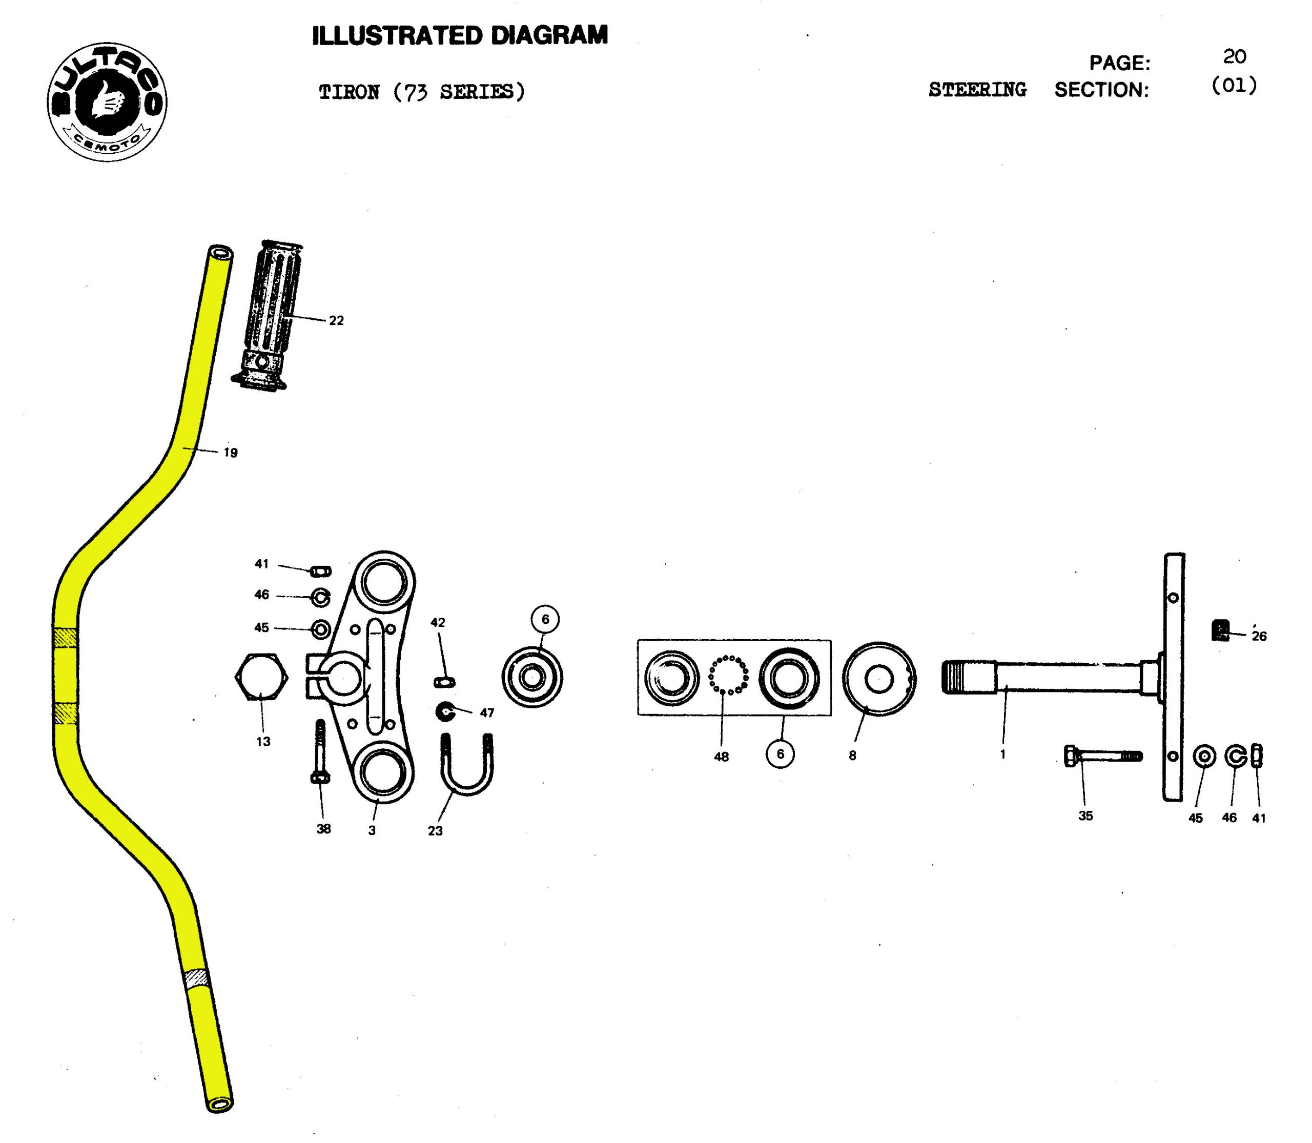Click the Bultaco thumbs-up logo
pyautogui.click(x=107, y=102)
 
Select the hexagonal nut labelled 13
pyautogui.click(x=261, y=678)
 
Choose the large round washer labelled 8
pyautogui.click(x=878, y=679)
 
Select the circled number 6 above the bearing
pyautogui.click(x=545, y=619)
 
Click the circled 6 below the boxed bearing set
pyautogui.click(x=780, y=754)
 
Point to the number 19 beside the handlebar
pyautogui.click(x=230, y=453)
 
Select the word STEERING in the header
pyautogui.click(x=977, y=90)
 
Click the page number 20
pyautogui.click(x=1234, y=57)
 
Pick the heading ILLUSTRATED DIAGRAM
pyautogui.click(x=460, y=36)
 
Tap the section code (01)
pyautogui.click(x=1234, y=85)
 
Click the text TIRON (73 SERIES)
pyautogui.click(x=422, y=92)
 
